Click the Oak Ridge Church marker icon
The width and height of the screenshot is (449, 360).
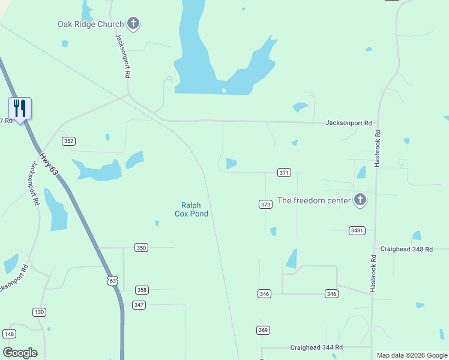tap(133, 24)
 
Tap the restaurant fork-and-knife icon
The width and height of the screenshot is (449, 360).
tap(20, 109)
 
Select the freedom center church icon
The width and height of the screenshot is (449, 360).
tap(360, 200)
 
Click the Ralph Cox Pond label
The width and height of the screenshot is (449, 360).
tap(191, 209)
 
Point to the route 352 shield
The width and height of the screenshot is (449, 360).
tap(68, 141)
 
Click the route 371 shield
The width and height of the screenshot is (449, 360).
tap(285, 173)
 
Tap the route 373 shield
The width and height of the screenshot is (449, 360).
tap(266, 204)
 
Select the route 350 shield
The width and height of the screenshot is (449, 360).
tap(141, 247)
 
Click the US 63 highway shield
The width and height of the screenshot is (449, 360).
tap(113, 280)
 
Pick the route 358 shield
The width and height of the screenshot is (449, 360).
tap(142, 290)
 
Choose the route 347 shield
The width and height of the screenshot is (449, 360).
tap(139, 305)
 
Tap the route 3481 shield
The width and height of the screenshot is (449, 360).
tap(357, 230)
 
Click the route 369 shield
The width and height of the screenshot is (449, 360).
tap(263, 330)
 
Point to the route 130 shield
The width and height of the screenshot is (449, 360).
tap(39, 312)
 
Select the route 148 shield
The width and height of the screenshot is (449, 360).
tap(9, 334)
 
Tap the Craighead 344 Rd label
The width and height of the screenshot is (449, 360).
tap(316, 347)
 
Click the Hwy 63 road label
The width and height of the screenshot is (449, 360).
tap(50, 164)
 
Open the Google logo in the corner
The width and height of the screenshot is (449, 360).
tap(20, 353)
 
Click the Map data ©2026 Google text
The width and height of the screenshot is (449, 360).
tap(412, 355)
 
